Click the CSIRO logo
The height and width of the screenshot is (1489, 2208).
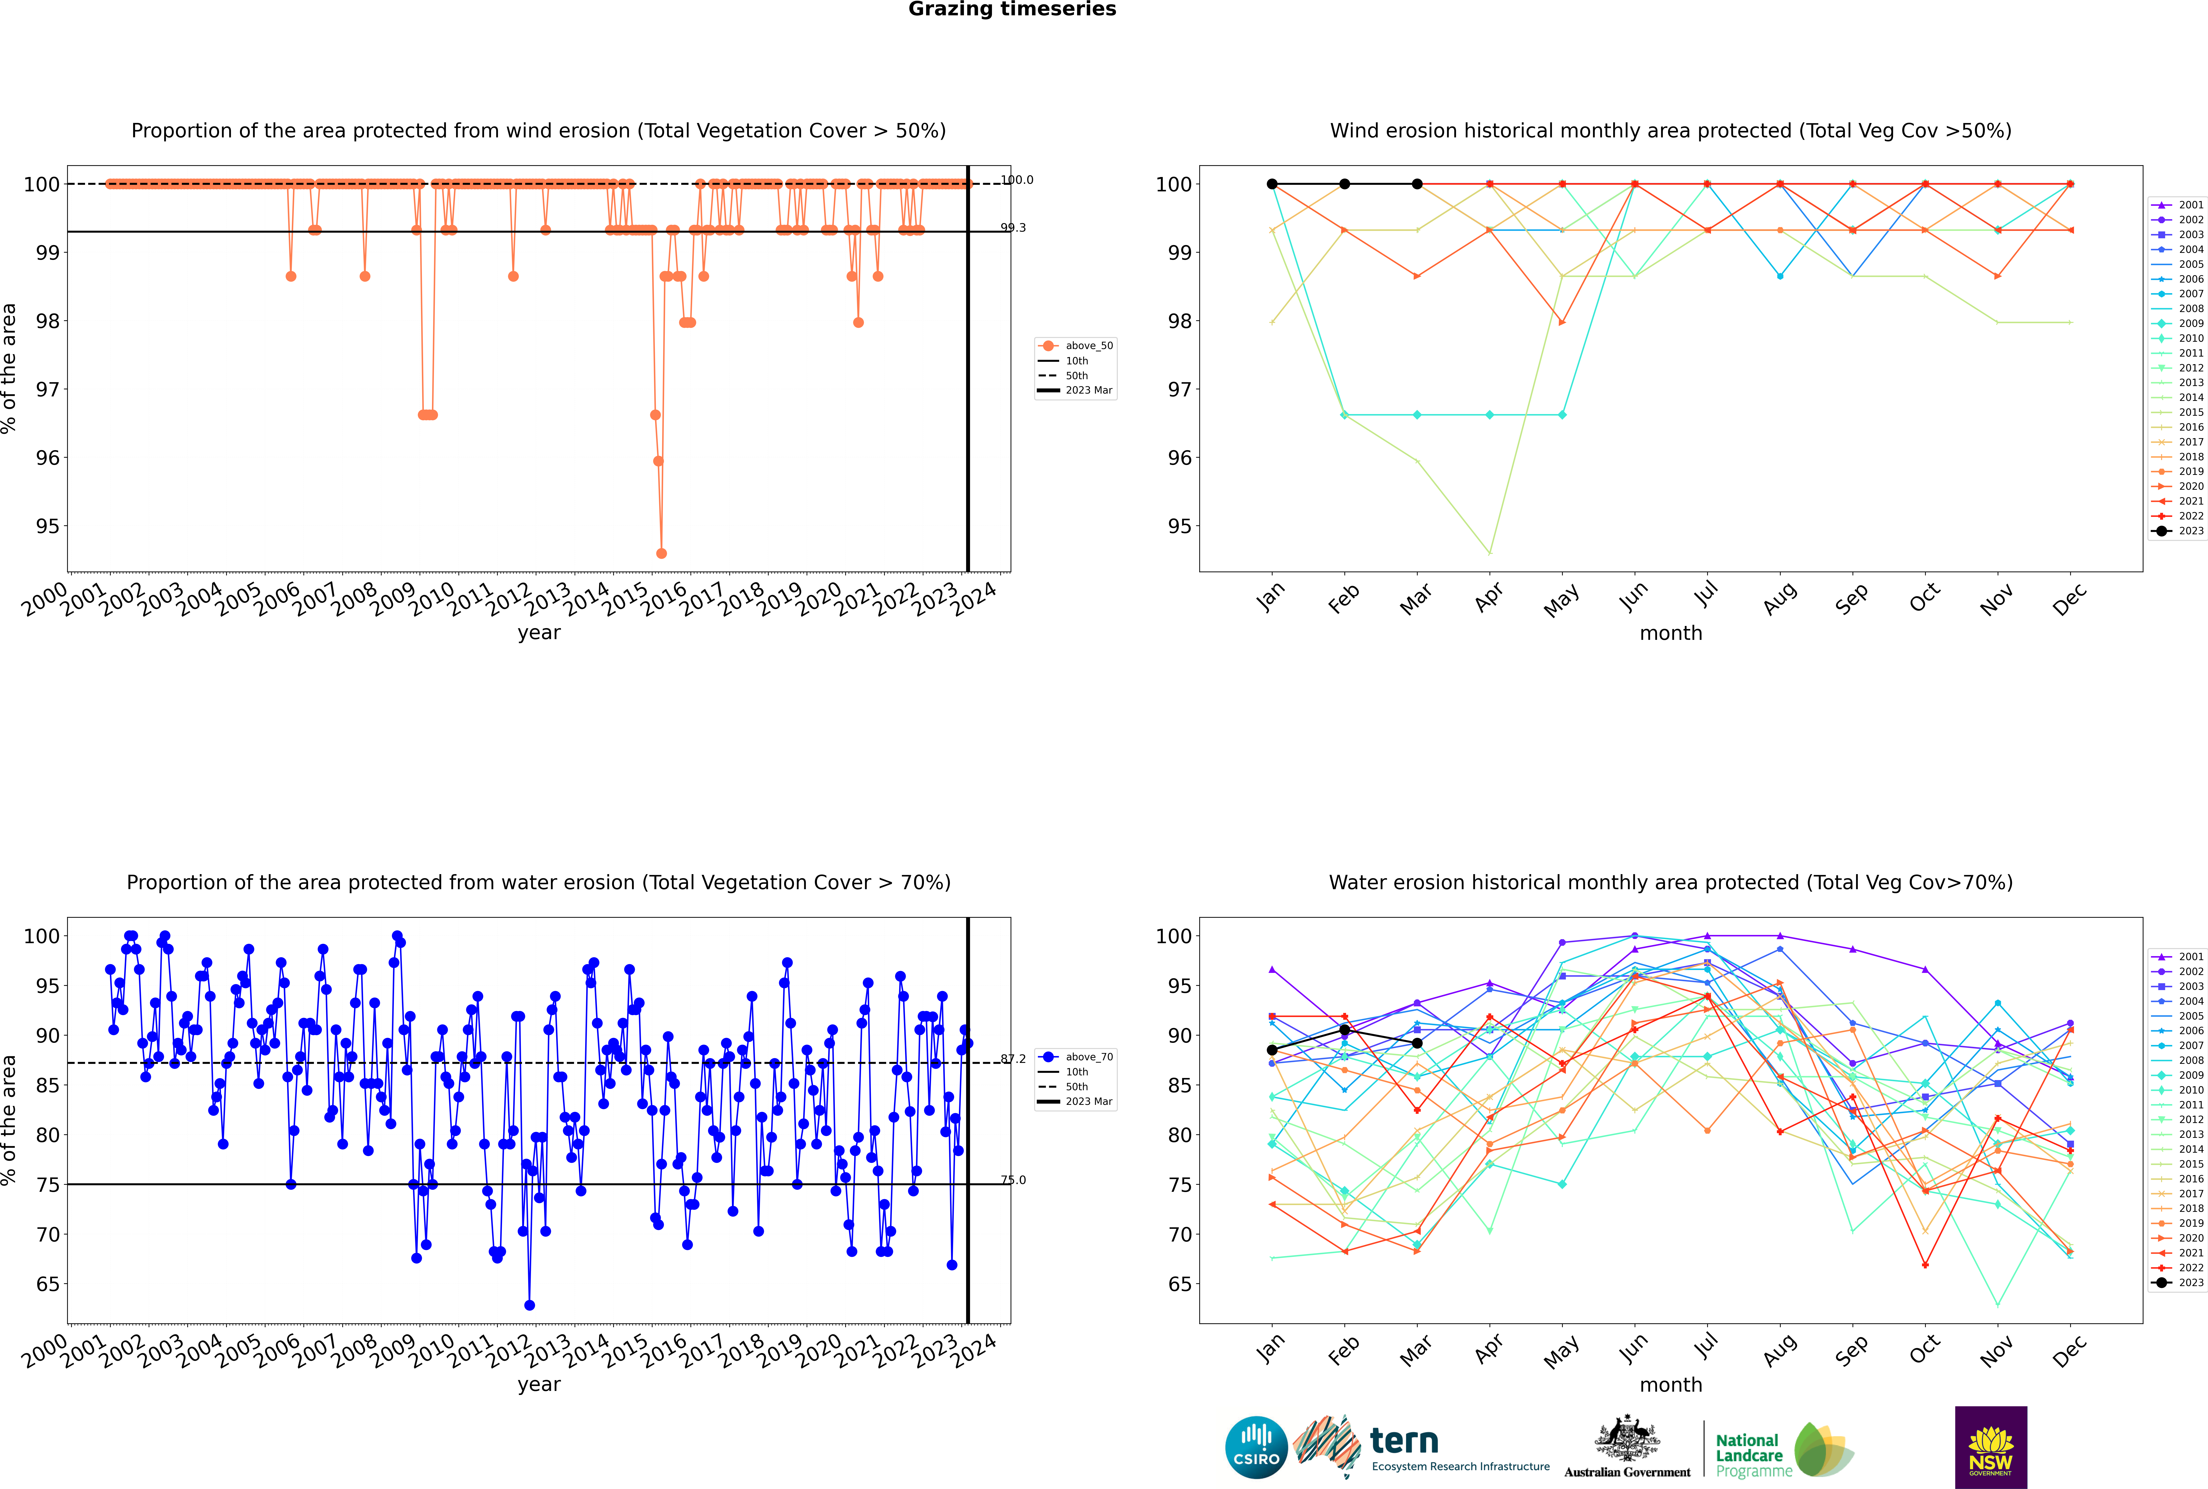coord(1256,1447)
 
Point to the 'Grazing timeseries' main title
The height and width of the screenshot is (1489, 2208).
coord(1012,9)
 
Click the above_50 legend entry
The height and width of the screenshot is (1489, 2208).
coord(1076,346)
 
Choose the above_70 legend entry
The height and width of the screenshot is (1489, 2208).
coord(1076,1057)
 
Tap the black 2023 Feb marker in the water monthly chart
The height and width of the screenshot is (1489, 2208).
coord(1344,1030)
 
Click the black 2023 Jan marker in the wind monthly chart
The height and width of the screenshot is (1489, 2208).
coord(1272,184)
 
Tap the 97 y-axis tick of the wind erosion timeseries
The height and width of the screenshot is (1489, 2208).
coord(47,389)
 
